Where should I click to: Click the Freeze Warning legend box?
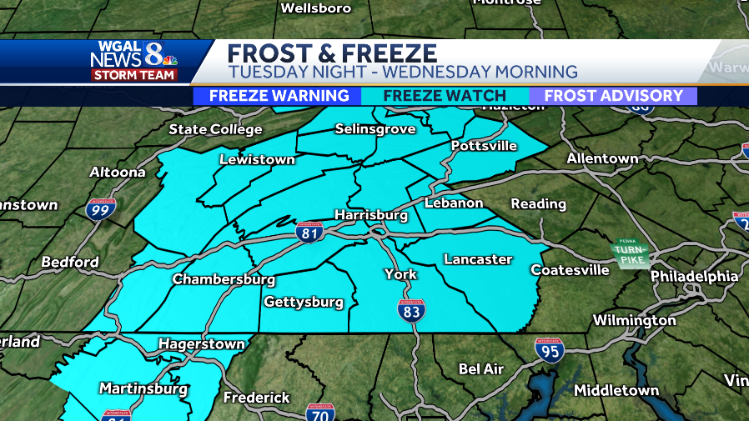pos(279,96)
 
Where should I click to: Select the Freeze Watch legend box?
pos(445,96)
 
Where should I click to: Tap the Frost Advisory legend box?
pos(613,96)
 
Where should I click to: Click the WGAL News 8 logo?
pos(133,60)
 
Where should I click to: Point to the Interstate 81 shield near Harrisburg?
pos(309,234)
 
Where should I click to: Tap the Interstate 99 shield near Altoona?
pos(100,209)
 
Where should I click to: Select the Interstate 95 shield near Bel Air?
pos(549,349)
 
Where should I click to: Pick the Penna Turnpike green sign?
pos(630,253)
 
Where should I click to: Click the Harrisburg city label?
pos(370,215)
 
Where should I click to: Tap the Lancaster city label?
pos(478,259)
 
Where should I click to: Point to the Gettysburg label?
pos(304,302)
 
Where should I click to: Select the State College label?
pos(215,129)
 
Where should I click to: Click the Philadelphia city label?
pos(694,276)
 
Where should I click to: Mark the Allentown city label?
pos(602,158)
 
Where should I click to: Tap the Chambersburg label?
pos(224,279)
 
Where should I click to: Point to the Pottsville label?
pos(484,146)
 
